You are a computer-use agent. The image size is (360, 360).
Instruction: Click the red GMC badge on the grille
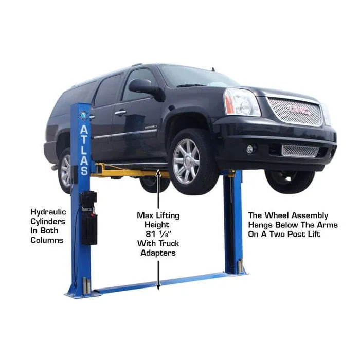(299, 111)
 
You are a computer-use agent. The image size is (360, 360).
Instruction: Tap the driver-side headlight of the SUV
(242, 102)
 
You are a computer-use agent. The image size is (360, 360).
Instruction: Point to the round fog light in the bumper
(250, 149)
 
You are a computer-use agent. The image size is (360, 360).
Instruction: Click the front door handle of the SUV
(120, 113)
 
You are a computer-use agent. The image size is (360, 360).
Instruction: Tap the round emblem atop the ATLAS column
(83, 115)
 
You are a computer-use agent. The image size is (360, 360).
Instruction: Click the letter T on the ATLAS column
(83, 140)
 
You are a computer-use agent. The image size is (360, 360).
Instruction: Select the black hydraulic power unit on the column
(89, 218)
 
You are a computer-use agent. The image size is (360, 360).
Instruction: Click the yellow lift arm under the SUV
(129, 171)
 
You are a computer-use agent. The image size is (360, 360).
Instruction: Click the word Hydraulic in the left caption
(48, 212)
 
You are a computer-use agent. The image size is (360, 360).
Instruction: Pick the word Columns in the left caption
(47, 240)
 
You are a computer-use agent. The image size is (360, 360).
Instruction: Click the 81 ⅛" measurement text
(158, 234)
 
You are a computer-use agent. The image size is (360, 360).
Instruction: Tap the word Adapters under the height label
(158, 253)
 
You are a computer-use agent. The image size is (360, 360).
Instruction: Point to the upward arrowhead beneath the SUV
(158, 172)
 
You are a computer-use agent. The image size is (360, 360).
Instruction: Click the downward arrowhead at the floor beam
(158, 286)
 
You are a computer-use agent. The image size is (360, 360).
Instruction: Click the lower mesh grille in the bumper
(300, 151)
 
